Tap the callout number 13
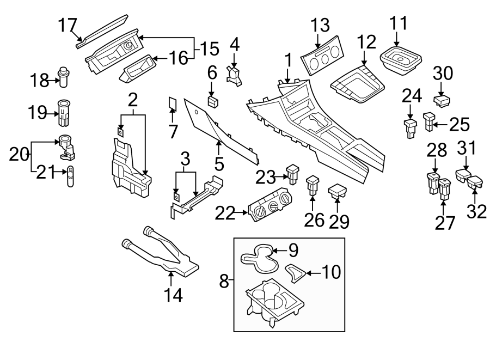click(321, 25)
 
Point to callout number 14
click(173, 296)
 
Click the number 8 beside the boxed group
click(224, 282)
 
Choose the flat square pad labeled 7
click(172, 103)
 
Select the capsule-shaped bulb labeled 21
click(71, 178)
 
